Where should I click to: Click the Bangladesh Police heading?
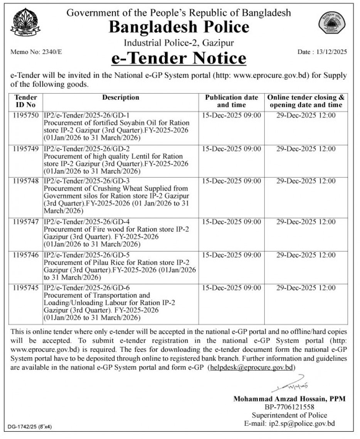(179, 27)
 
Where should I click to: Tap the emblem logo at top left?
(25, 22)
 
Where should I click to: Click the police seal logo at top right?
(331, 23)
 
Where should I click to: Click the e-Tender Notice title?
(179, 58)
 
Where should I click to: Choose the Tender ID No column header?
(26, 101)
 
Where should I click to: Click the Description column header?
(121, 98)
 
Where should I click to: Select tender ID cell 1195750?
(26, 116)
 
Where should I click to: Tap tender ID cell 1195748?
(26, 181)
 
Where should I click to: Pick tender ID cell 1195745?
(26, 288)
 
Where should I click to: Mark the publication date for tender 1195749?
(231, 149)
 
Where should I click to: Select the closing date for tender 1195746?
(306, 255)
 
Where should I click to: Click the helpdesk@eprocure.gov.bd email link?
(251, 368)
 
